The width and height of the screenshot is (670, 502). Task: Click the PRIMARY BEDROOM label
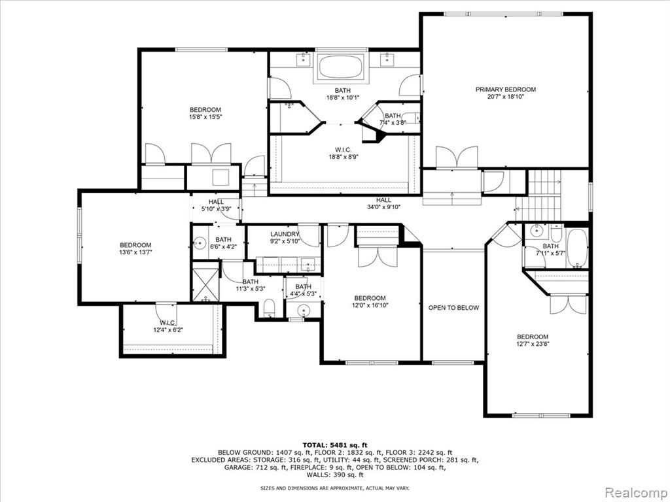coord(506,90)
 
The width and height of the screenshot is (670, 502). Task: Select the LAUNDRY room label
coord(285,234)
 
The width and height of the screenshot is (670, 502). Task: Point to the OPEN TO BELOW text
coord(454,308)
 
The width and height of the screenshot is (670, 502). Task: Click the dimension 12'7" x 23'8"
coord(533,344)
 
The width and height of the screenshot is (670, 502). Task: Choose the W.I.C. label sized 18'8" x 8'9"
coord(343,150)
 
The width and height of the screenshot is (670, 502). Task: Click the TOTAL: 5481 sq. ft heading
coord(335,444)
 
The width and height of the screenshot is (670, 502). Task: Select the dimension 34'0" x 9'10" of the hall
coord(383,207)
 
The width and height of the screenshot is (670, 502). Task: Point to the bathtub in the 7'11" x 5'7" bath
coord(577,248)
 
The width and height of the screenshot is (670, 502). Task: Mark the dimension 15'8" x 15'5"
coord(206,116)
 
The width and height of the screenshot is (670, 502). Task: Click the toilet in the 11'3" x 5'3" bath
coord(269,309)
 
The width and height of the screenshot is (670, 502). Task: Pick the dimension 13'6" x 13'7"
coord(135,252)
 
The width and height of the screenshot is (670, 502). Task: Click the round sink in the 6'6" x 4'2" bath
coord(200,244)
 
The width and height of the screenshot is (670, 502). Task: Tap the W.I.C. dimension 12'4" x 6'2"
coord(168,329)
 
